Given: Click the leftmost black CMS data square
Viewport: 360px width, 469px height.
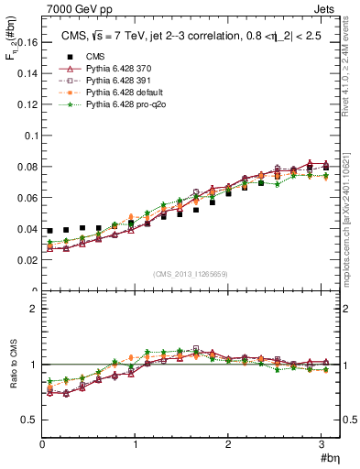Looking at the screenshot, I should tap(50, 231).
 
